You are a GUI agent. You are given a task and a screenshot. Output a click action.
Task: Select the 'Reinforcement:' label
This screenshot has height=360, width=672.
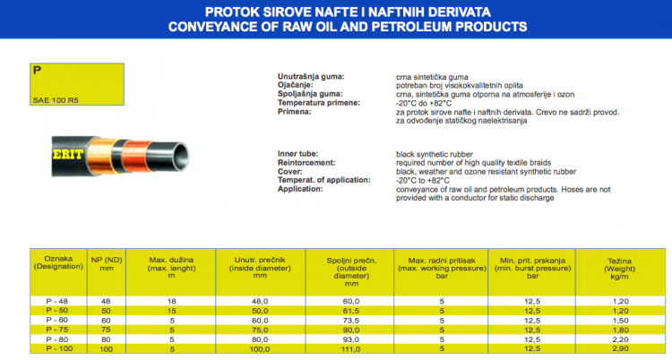(x=308, y=162)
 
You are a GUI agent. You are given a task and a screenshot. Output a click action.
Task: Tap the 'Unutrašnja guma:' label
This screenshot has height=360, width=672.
(x=311, y=78)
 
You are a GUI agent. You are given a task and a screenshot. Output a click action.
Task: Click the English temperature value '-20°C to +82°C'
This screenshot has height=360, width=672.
(x=427, y=180)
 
